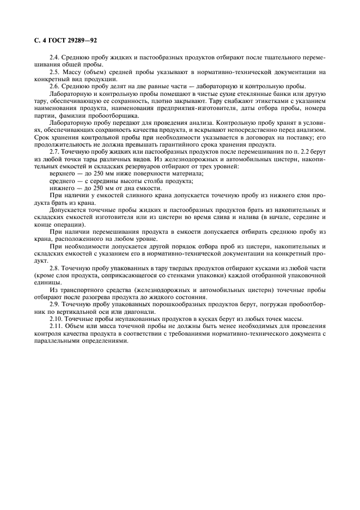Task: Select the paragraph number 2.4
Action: click(x=54, y=57)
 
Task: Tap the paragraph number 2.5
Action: click(x=54, y=72)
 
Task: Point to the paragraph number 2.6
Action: click(x=54, y=87)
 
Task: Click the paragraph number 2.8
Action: click(x=54, y=268)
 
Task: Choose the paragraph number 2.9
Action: click(x=54, y=305)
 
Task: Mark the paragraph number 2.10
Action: click(x=56, y=319)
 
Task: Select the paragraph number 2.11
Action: click(x=56, y=326)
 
